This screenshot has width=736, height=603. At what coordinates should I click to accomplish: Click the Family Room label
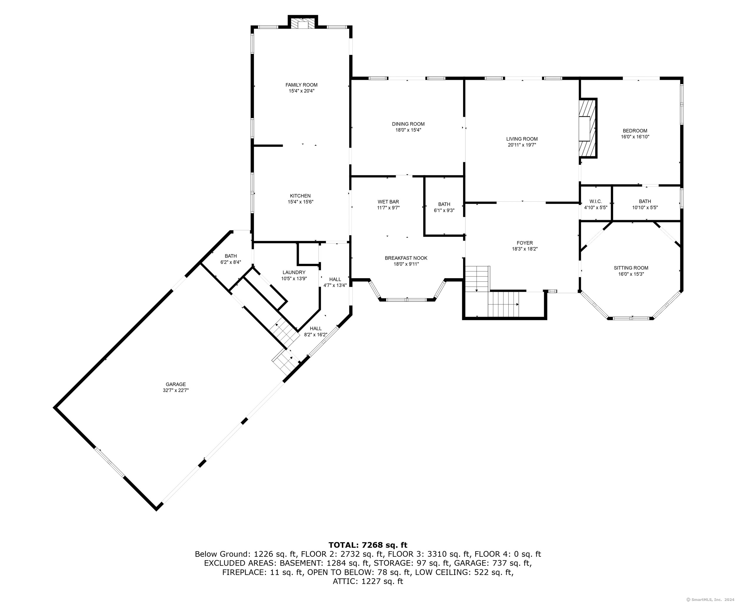301,85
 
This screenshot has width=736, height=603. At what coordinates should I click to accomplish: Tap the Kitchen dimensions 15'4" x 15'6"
301,202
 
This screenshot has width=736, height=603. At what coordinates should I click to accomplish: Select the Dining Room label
408,124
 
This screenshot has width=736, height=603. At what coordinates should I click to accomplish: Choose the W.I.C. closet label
596,202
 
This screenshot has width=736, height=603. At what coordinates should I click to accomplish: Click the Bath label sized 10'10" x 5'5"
645,202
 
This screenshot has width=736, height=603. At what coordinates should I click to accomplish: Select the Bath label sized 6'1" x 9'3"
444,204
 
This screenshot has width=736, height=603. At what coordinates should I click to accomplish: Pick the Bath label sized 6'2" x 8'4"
231,256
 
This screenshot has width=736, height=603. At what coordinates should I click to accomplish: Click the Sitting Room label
631,268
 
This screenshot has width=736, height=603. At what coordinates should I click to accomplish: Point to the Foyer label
525,243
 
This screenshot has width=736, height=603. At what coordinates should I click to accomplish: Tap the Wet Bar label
388,202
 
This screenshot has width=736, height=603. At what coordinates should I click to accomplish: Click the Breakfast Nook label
406,258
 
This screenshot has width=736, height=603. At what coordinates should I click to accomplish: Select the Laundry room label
294,273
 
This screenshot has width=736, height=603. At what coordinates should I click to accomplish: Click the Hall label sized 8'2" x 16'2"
316,329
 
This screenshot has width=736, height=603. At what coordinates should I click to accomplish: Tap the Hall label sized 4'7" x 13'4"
335,279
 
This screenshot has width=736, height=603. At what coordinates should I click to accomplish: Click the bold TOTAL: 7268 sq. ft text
368,545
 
